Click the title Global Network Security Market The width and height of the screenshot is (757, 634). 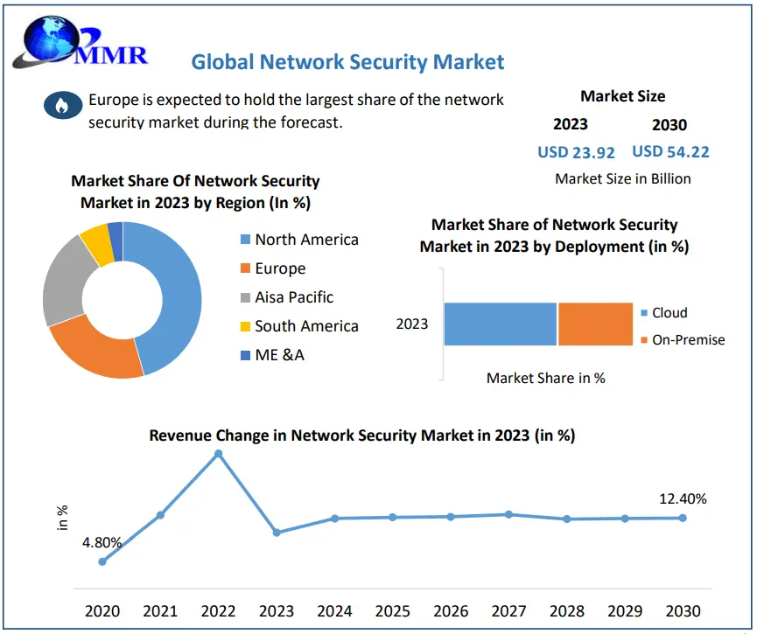click(347, 62)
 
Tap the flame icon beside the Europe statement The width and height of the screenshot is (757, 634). click(60, 106)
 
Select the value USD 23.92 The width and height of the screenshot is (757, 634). click(576, 152)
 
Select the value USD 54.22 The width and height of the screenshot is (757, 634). click(670, 151)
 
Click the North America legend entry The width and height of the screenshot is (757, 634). click(306, 240)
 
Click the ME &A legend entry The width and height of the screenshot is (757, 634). click(279, 354)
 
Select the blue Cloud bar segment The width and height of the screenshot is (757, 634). click(500, 324)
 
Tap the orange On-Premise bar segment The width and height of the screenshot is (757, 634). click(595, 324)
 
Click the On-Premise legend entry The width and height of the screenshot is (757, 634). click(688, 339)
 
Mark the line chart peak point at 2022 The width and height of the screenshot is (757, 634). click(218, 454)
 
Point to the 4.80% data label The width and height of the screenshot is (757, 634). click(102, 542)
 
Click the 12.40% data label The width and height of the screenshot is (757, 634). click(683, 499)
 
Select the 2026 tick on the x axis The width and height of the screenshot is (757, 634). click(451, 611)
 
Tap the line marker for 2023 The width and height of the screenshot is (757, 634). click(277, 532)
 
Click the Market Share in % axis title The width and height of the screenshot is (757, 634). click(546, 379)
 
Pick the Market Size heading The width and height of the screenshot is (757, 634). click(622, 96)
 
